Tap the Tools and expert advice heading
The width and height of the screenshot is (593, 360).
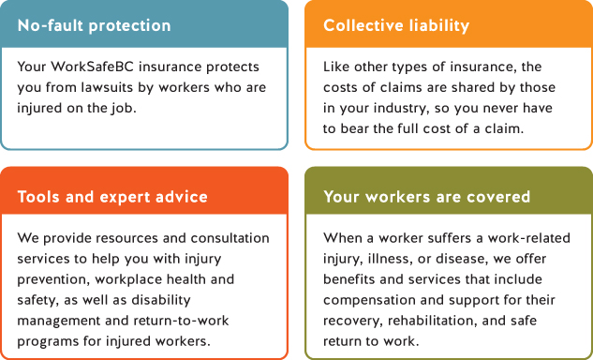click(112, 197)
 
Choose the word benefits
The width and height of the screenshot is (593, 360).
click(351, 280)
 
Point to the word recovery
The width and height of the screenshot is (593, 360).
click(353, 322)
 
